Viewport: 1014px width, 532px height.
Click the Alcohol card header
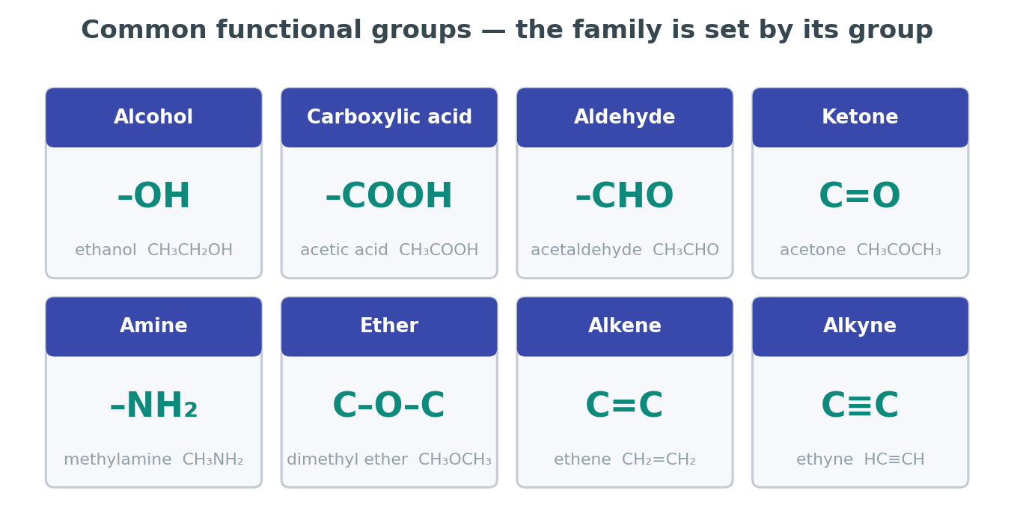coord(153,117)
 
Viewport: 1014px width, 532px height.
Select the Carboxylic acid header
coord(389,117)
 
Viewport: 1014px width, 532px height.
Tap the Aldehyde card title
coord(625,117)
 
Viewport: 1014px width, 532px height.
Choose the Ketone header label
coord(860,117)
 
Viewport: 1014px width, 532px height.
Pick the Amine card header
coord(153,326)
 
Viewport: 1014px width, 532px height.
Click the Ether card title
coord(389,326)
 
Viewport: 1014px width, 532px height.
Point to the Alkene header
coord(625,326)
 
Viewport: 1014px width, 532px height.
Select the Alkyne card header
coord(860,326)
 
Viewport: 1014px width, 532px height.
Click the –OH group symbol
coord(153,195)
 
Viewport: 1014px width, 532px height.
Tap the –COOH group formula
coord(389,195)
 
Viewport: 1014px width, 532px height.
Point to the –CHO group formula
coord(625,195)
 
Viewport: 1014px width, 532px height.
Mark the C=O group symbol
coord(860,195)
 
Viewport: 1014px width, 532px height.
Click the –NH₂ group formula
coord(153,406)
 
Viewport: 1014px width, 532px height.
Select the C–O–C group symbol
coord(389,406)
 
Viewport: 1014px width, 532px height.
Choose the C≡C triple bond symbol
coord(860,406)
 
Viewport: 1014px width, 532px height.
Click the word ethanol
coord(106,250)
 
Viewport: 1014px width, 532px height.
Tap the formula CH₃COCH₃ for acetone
coord(899,250)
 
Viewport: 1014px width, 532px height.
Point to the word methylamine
coord(117,459)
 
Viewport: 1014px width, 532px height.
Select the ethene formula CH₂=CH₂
coord(659,459)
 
